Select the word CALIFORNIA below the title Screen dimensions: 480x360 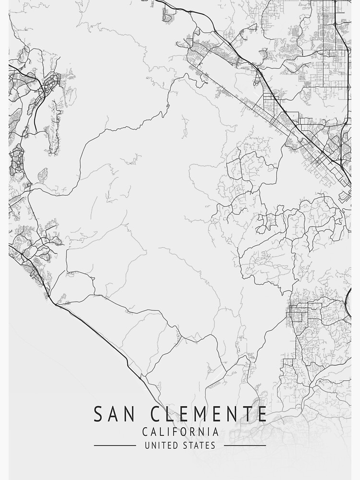(180, 432)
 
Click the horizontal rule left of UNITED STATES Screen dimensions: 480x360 (115, 446)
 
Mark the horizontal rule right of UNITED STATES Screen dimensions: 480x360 (245, 446)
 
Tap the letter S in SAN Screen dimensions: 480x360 (98, 414)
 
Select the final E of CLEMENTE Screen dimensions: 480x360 (261, 414)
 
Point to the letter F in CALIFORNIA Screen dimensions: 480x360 (175, 432)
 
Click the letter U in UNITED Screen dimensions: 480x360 (147, 446)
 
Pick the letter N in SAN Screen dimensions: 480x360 (128, 414)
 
